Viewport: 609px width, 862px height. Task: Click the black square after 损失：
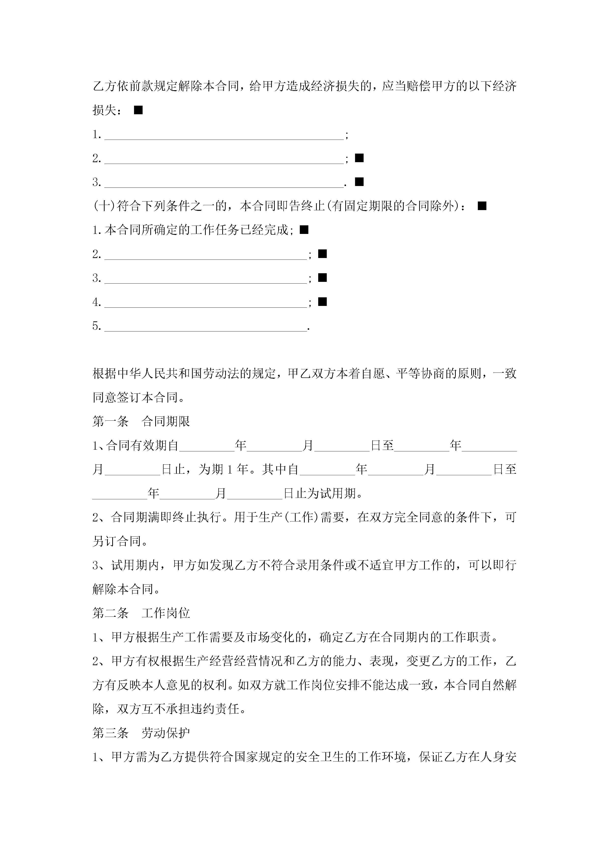(x=138, y=110)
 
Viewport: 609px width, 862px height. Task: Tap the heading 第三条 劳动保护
(x=141, y=733)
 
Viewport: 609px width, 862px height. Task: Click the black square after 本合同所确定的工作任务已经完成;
(x=304, y=230)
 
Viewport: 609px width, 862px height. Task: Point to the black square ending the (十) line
(x=482, y=206)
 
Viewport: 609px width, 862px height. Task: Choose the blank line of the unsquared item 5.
(x=206, y=327)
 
